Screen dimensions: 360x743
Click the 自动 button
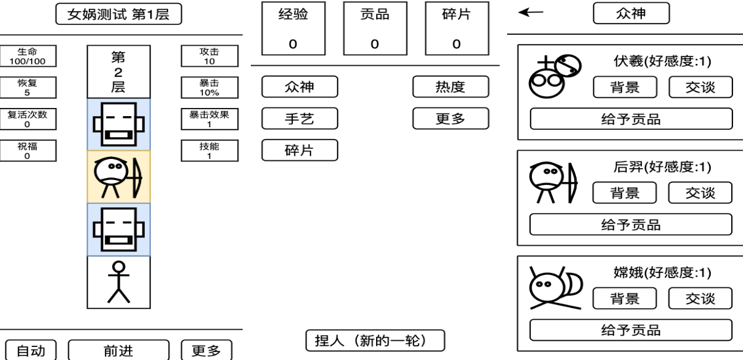[30, 351]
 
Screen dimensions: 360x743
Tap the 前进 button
[118, 351]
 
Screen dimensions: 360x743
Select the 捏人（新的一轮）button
[375, 340]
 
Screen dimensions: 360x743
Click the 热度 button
[450, 87]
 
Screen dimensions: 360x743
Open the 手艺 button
[299, 119]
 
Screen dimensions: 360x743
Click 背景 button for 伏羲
[624, 88]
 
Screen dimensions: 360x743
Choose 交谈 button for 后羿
[700, 193]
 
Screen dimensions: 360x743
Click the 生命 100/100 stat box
[27, 56]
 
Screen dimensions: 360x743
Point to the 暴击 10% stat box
[209, 88]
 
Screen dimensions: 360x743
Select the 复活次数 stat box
[27, 119]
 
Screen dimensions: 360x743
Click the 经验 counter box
[293, 29]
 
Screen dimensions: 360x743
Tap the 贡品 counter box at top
[375, 29]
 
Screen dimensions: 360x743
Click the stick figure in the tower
[118, 282]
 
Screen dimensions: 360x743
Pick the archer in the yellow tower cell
[118, 177]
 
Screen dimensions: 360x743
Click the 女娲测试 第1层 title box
[118, 14]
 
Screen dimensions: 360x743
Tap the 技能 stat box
[209, 151]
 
